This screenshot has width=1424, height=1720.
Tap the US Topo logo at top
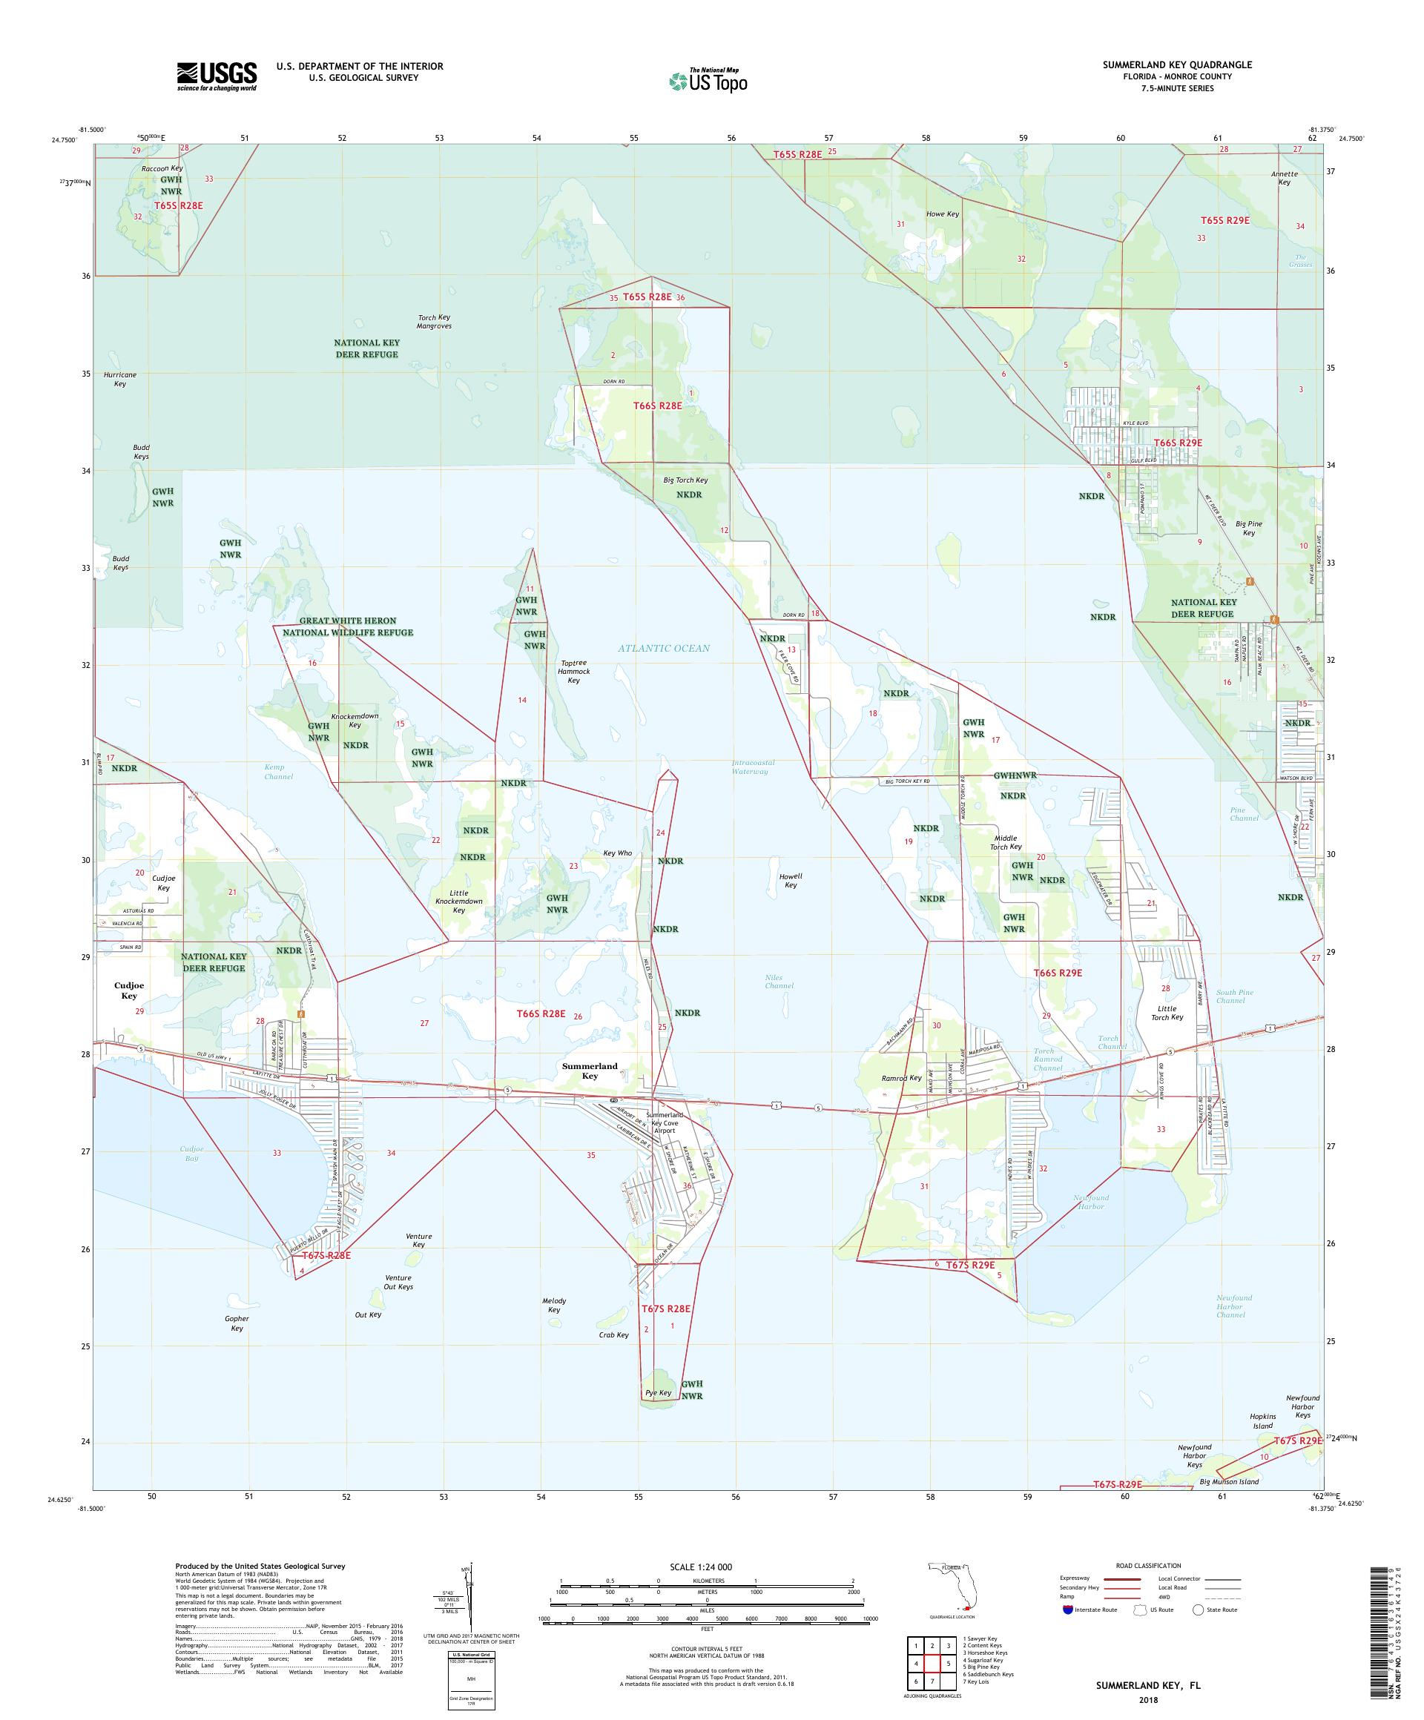(709, 80)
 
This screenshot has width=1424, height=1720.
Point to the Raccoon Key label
(162, 168)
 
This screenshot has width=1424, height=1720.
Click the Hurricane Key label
(120, 378)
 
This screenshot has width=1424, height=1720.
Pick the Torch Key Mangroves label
(435, 321)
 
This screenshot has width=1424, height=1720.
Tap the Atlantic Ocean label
(664, 648)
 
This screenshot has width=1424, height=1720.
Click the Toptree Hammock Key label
(573, 672)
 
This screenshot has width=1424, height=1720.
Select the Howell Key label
(791, 880)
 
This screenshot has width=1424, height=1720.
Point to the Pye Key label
(658, 1392)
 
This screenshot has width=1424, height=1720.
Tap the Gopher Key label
(237, 1323)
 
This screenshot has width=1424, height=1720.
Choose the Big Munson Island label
(1230, 1481)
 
